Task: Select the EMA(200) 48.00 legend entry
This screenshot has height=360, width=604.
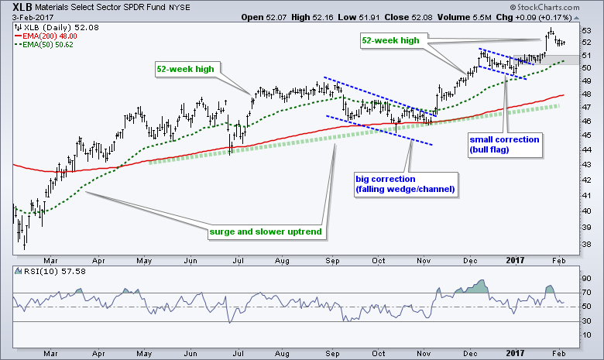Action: pos(45,34)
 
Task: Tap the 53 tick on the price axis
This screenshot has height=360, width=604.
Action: pos(587,31)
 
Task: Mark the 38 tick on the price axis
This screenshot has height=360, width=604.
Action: pos(587,244)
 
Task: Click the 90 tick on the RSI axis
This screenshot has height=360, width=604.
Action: pos(587,278)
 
